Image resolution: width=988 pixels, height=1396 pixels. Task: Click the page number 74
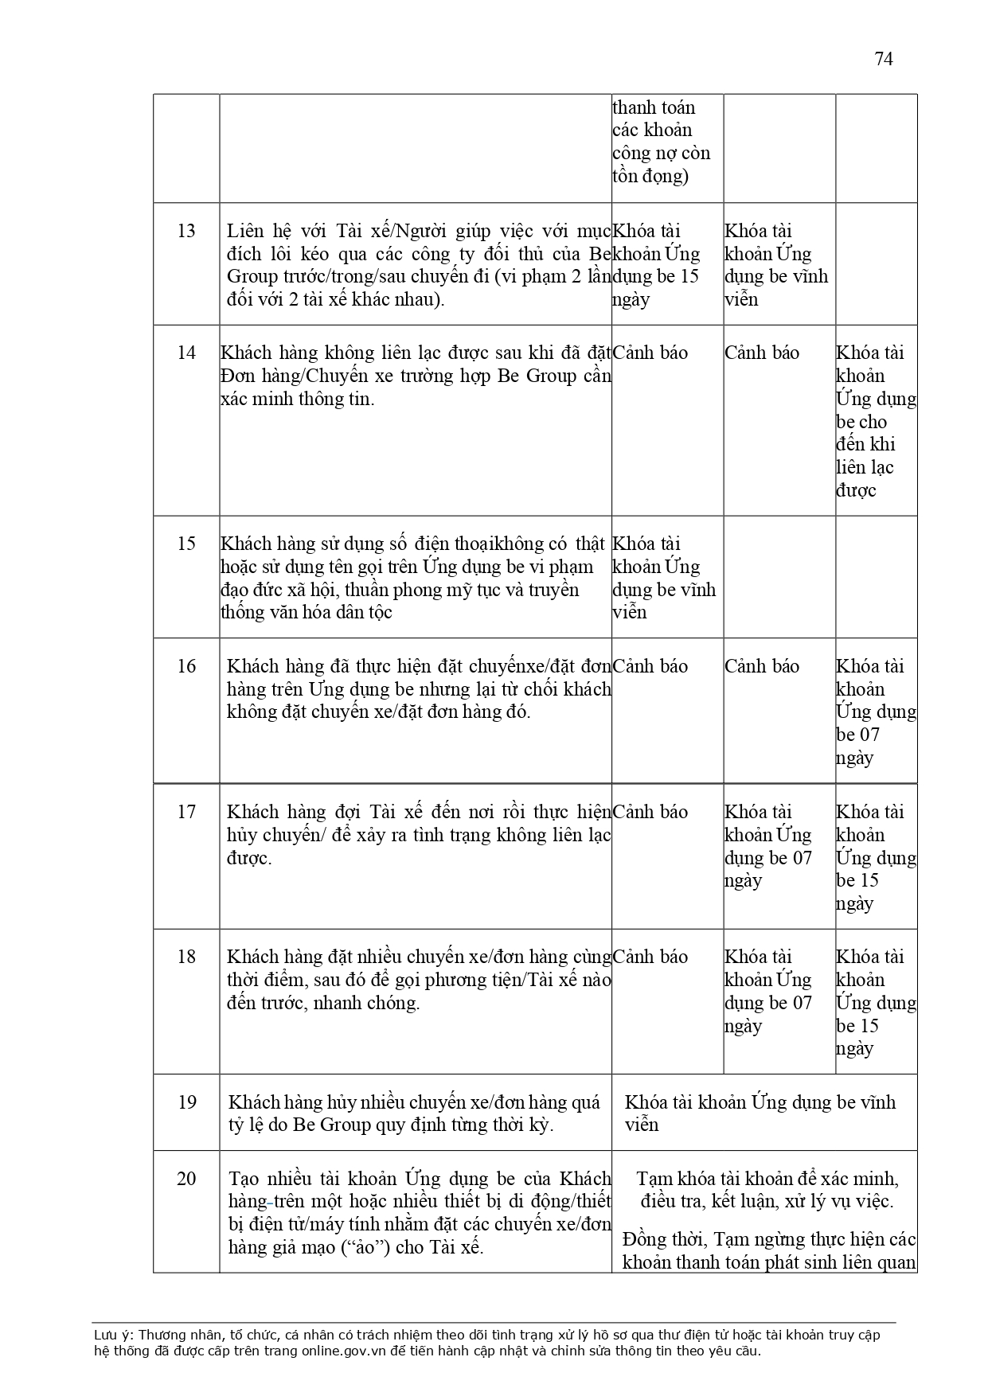pos(884,60)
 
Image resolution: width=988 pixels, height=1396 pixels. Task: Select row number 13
pos(186,231)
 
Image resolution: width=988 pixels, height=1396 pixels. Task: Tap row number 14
pos(186,353)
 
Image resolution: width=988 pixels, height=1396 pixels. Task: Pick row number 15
pos(186,544)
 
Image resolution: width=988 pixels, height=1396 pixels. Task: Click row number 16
pos(186,666)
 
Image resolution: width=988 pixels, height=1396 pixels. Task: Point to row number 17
pos(186,812)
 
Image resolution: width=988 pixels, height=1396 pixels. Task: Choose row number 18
pos(186,957)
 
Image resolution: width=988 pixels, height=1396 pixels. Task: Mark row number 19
pos(186,1102)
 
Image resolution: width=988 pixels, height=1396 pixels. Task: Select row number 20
pos(186,1179)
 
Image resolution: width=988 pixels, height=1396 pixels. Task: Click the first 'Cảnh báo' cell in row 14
pos(650,353)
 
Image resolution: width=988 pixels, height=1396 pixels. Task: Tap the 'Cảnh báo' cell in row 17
pos(650,812)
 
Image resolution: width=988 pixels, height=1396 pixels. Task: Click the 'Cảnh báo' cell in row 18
pos(650,957)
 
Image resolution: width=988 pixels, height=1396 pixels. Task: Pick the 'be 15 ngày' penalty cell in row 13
pos(656,265)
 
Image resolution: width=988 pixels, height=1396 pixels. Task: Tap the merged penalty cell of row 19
pos(760,1113)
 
